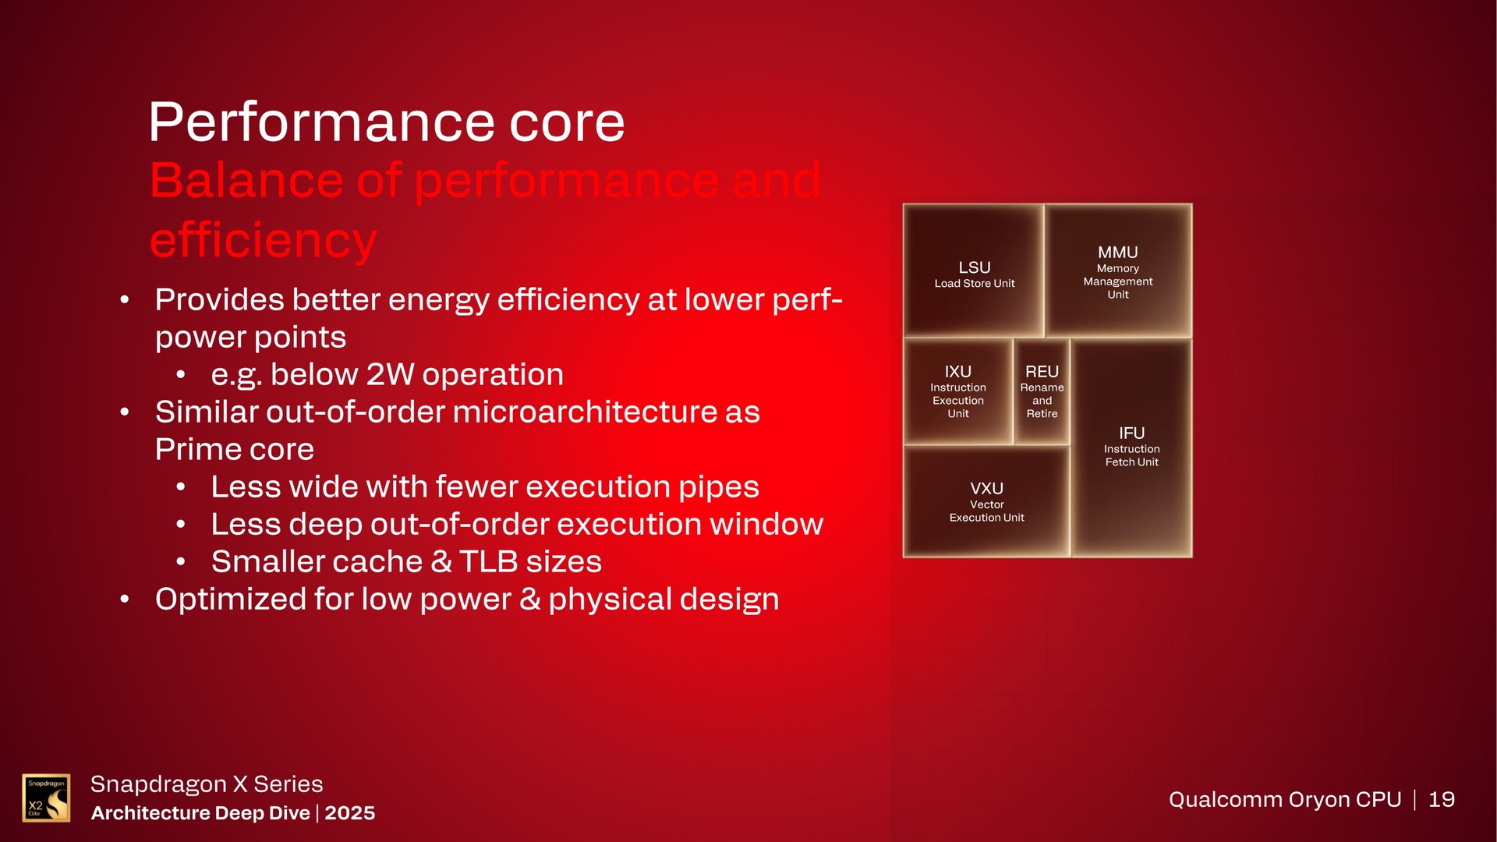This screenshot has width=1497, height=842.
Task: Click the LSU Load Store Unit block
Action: point(974,273)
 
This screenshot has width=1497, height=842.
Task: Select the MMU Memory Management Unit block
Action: point(1117,271)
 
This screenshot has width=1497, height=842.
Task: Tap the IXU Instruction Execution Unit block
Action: point(957,391)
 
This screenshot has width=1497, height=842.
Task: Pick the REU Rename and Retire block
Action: point(1042,391)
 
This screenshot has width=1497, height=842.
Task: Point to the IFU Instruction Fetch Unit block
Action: point(1131,446)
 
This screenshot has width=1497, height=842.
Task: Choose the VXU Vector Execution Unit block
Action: point(986,501)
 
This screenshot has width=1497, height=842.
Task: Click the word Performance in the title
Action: point(320,122)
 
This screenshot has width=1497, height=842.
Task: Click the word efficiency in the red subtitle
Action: point(263,240)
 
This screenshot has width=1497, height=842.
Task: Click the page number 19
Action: point(1441,799)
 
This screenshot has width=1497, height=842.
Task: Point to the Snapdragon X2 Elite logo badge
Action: point(46,798)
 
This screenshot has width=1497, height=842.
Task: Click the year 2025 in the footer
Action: point(349,813)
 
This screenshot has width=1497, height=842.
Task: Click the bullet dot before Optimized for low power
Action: point(125,600)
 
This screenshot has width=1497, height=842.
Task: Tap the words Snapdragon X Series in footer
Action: point(206,784)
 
